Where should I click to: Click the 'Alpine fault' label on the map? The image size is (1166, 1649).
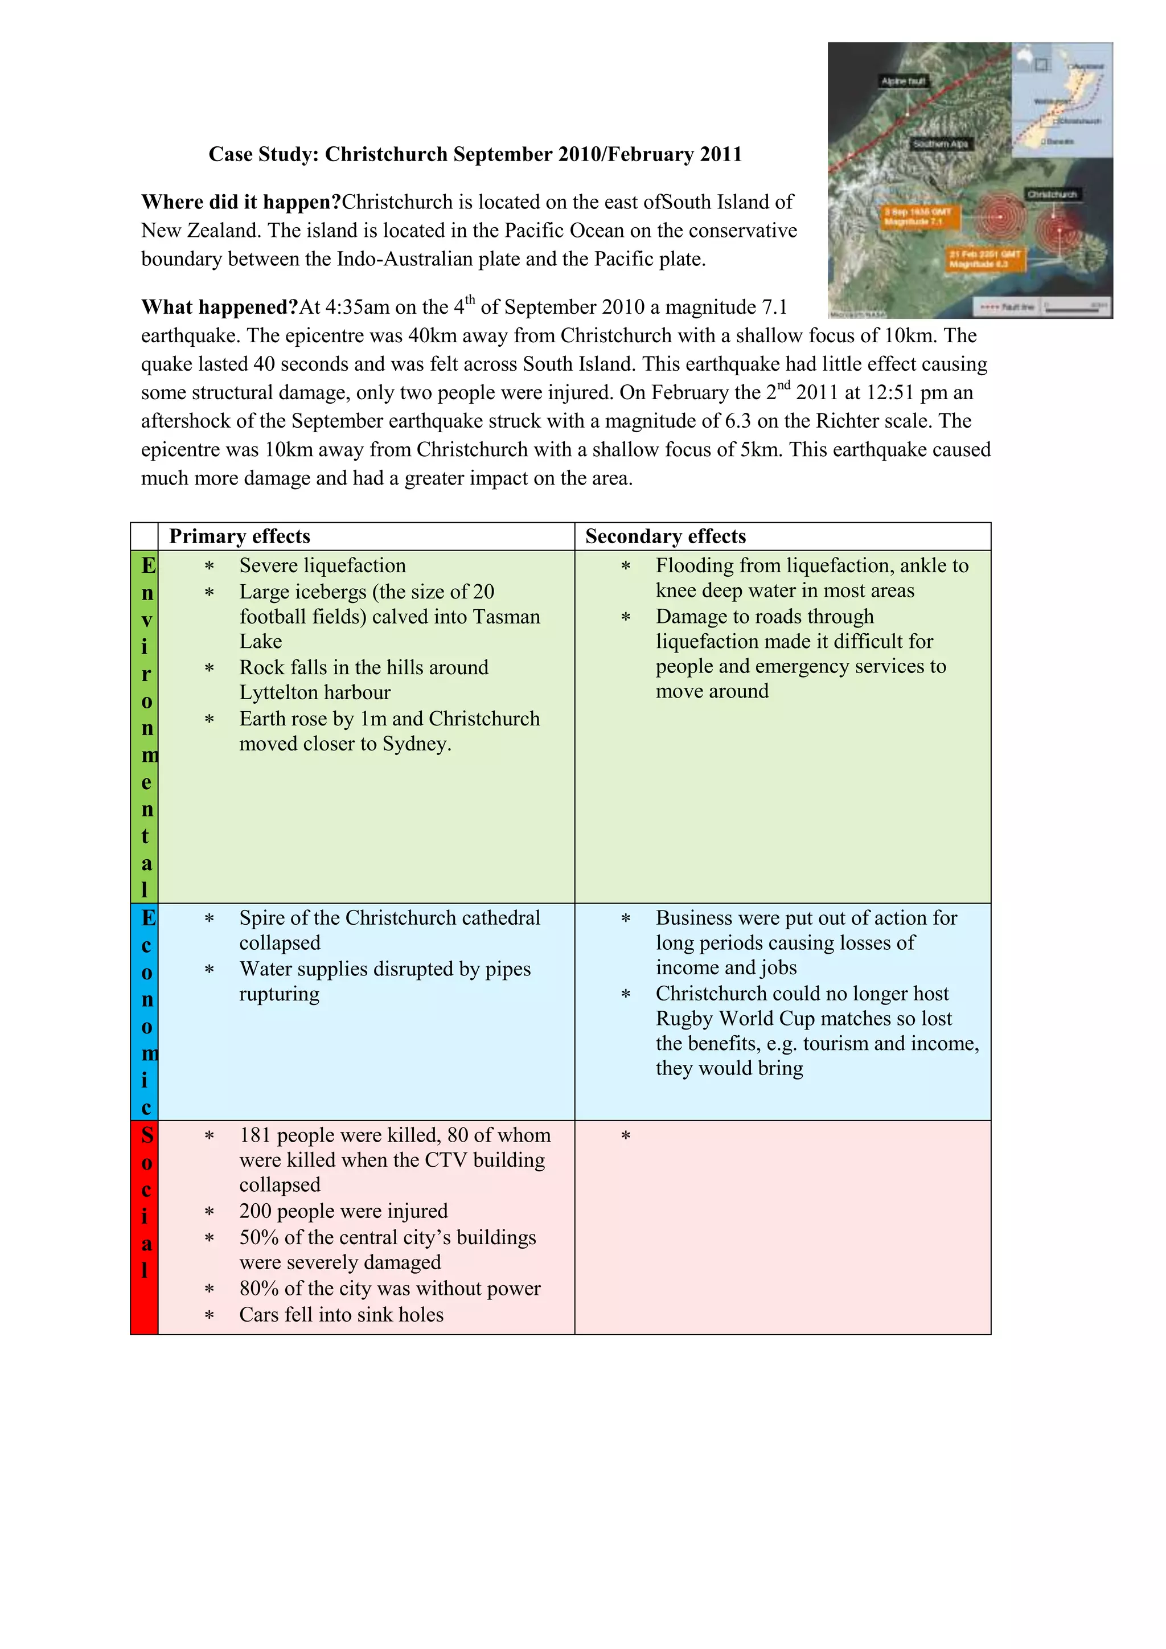903,81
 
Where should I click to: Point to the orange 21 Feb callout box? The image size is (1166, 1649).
984,259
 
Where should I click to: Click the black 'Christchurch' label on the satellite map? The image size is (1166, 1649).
1052,195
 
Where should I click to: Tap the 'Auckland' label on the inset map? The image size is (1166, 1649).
1089,67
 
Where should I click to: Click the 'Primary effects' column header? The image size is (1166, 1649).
240,536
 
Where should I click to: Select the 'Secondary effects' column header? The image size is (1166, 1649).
666,536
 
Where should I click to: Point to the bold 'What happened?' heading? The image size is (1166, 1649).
220,307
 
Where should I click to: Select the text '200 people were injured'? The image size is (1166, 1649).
343,1212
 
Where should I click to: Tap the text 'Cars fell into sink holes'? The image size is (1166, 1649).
342,1315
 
